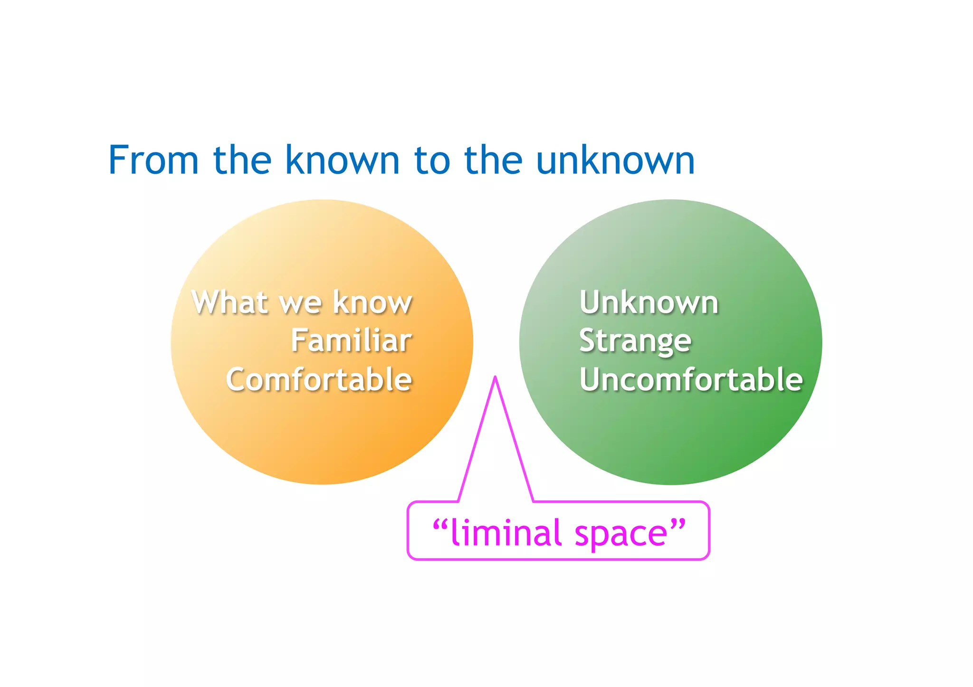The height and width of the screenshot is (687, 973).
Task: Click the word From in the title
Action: coord(153,160)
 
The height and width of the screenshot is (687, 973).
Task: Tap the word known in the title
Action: coord(342,160)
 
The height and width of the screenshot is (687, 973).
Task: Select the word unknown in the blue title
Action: coord(615,160)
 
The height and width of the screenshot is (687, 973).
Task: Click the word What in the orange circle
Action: coord(230,302)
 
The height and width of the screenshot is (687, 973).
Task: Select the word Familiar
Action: coord(351,340)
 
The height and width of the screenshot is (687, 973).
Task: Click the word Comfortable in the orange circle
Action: coord(319,379)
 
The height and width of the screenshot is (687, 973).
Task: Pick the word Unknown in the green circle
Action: coord(649,302)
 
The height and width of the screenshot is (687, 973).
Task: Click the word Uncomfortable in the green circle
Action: coord(691,379)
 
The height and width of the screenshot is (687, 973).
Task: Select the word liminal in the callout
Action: coord(506,533)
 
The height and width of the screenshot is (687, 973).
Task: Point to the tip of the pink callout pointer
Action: coord(495,378)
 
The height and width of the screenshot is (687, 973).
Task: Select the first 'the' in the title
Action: coord(242,160)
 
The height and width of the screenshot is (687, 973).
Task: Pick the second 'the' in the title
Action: coord(493,160)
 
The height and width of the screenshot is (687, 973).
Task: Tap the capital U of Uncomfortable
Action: coord(590,379)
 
